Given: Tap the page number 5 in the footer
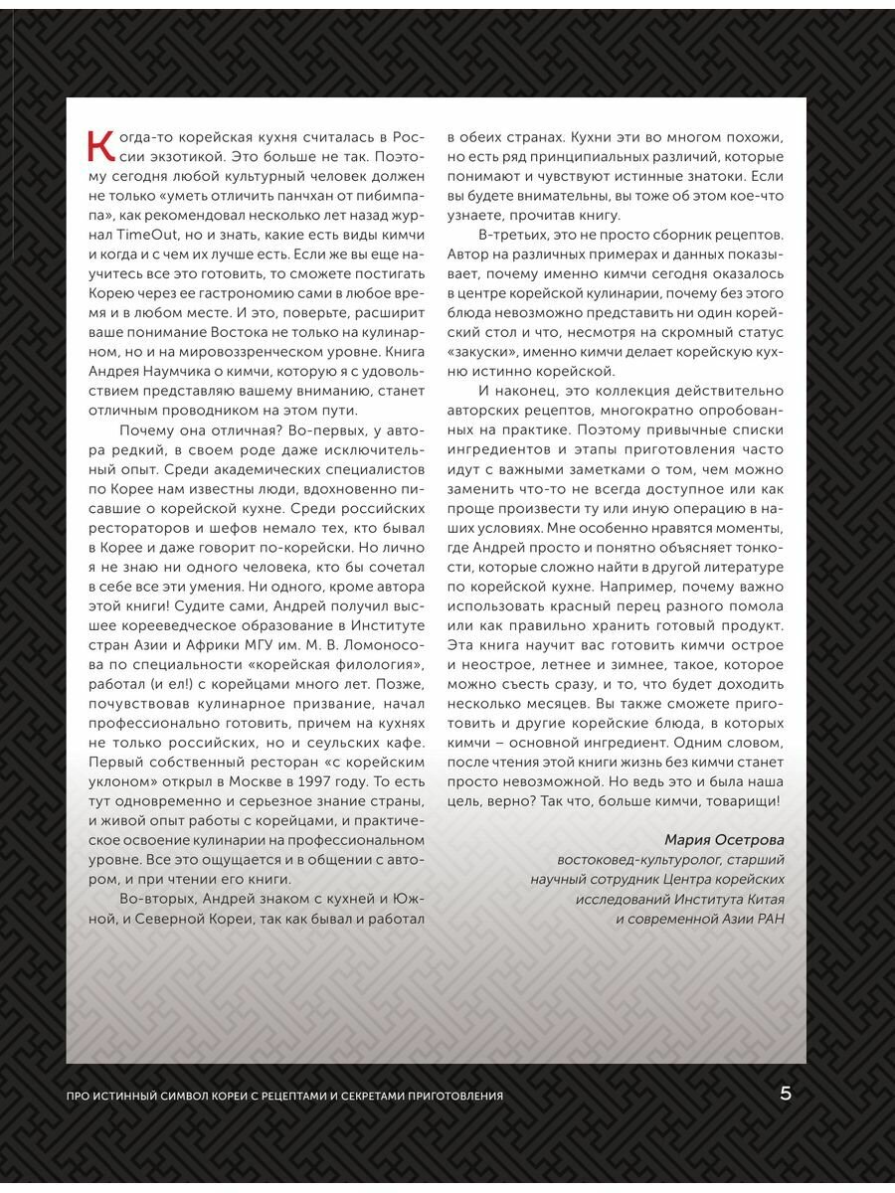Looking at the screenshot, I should coord(786,1094).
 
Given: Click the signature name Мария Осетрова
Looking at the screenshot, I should coord(724,838).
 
